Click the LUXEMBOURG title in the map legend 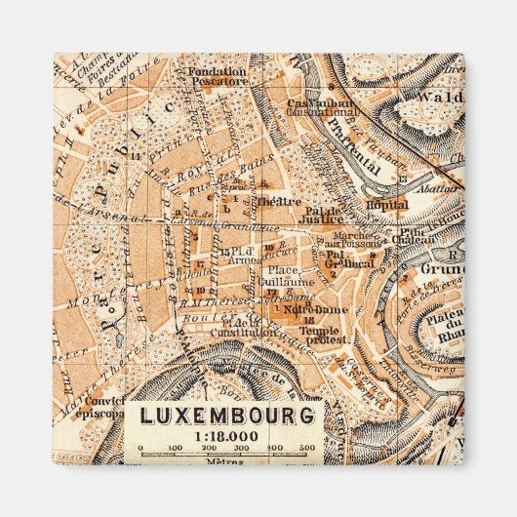pos(228,416)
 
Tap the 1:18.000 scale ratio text pos(228,435)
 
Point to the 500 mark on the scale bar pos(307,448)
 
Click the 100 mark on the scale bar pos(174,448)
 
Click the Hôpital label pos(387,206)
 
